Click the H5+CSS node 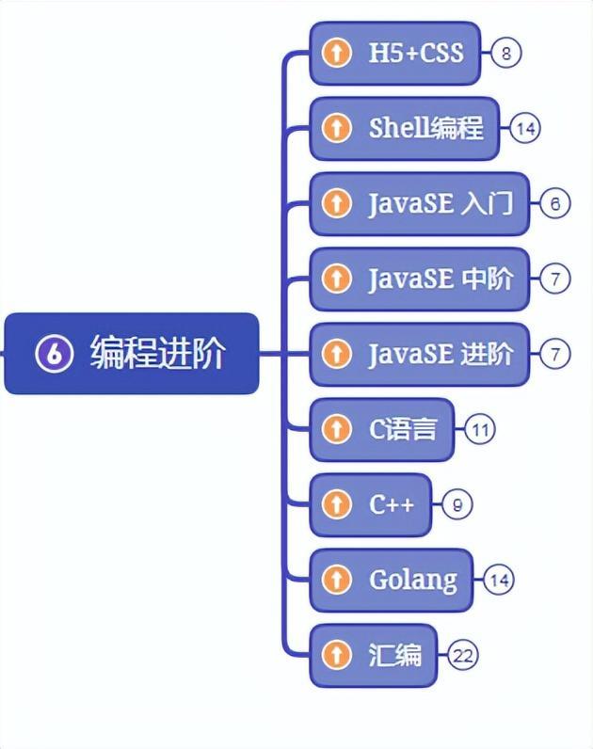coord(395,53)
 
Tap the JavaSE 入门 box coord(420,203)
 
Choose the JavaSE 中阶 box coord(420,279)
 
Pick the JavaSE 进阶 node coord(420,354)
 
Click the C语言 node coord(382,430)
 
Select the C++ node coord(371,505)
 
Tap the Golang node coord(392,581)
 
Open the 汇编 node coord(375,656)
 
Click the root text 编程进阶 coord(157,354)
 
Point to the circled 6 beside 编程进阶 coord(54,354)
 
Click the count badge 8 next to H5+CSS coord(505,53)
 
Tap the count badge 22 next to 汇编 coord(461,656)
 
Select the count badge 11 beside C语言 coord(479,430)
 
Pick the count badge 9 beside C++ coord(457,505)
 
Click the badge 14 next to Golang coord(499,581)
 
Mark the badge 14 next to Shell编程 coord(524,128)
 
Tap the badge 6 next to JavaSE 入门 coord(554,203)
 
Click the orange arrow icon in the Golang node coord(336,581)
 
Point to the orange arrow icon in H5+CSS coord(336,53)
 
